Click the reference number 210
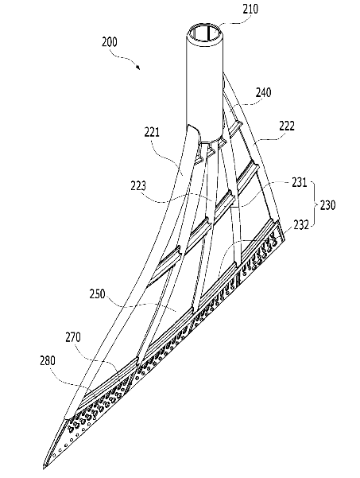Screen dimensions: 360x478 click(x=250, y=9)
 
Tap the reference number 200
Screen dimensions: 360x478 click(x=110, y=42)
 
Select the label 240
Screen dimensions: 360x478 click(x=263, y=92)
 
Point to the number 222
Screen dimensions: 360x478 click(x=287, y=126)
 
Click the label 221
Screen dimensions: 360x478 click(x=152, y=132)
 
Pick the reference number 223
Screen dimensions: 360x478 click(x=138, y=186)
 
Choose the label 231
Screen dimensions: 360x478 click(x=300, y=183)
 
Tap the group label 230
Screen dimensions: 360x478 click(x=327, y=205)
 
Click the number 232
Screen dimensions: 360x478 click(x=301, y=224)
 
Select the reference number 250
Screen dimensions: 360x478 click(x=97, y=294)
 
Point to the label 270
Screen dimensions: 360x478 click(x=73, y=338)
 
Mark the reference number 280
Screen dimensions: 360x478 click(x=48, y=360)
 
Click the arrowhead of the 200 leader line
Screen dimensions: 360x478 click(x=138, y=68)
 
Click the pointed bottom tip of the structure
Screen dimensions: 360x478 click(x=43, y=468)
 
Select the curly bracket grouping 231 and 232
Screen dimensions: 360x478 click(x=314, y=204)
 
